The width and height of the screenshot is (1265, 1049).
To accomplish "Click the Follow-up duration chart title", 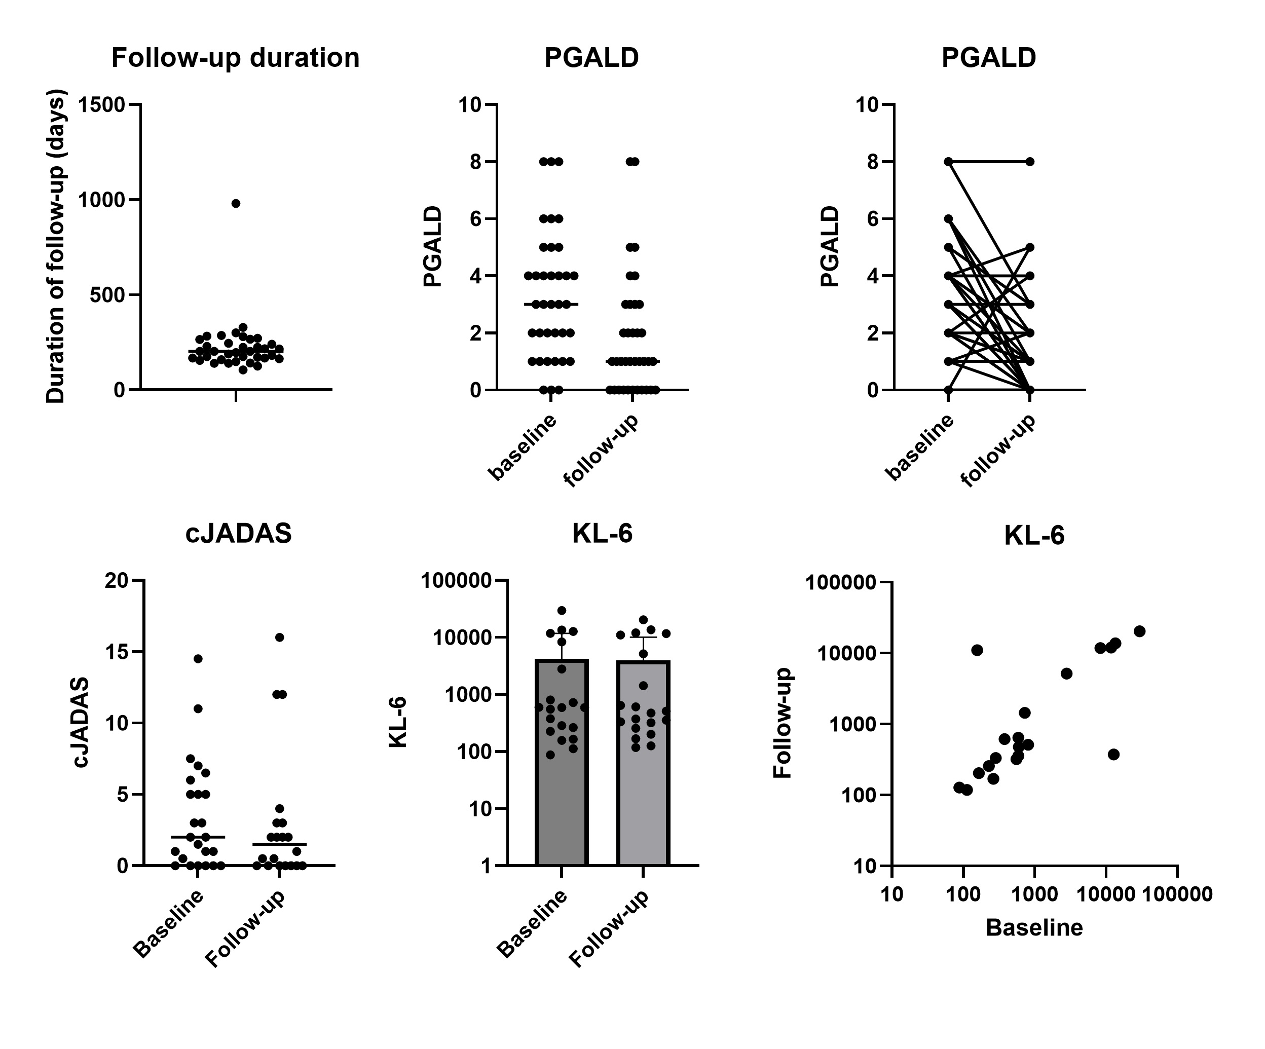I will click(236, 58).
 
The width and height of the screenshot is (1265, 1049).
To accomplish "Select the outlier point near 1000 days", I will click(236, 204).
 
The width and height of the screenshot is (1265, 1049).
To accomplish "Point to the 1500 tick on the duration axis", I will click(102, 105).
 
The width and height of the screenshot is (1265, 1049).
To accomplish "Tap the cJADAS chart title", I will click(239, 534).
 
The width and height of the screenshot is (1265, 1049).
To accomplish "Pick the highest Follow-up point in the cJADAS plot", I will click(279, 638).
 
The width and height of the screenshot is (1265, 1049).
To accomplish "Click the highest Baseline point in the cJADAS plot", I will click(198, 659).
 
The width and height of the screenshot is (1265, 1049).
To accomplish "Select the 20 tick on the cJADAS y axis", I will click(117, 581).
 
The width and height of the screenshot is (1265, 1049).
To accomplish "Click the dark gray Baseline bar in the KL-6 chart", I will click(562, 783).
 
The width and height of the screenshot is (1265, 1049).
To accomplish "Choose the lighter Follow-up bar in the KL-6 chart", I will click(643, 783).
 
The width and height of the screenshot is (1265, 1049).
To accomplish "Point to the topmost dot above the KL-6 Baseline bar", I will click(562, 611).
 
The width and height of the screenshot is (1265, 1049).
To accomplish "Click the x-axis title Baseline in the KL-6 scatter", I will click(1034, 928).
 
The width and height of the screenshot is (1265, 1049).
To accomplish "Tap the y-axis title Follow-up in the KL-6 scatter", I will click(783, 723).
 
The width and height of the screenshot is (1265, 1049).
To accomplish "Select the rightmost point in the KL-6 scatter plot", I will click(1139, 631).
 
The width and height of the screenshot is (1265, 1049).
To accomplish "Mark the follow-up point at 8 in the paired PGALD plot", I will click(1029, 161).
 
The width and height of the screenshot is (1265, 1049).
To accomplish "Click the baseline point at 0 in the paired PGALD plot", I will click(948, 390).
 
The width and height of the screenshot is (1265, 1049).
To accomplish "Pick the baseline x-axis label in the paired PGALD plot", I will click(920, 447).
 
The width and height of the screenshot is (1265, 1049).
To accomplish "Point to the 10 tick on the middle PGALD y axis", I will click(470, 105).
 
